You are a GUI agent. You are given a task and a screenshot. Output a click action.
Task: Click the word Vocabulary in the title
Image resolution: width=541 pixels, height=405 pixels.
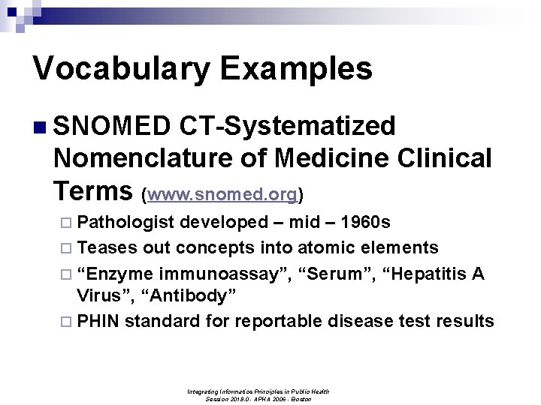[121, 69]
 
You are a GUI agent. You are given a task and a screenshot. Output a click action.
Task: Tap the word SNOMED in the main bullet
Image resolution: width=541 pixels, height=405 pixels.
[113, 127]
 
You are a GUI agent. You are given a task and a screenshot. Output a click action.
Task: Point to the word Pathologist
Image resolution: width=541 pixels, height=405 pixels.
[126, 223]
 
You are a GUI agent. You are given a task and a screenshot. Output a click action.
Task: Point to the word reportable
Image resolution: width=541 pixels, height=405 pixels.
[280, 322]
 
